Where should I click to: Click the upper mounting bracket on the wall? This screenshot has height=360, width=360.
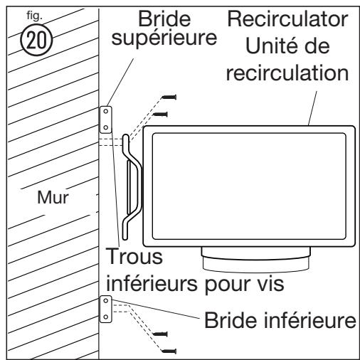105,120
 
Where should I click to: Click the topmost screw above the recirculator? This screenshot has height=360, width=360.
170,97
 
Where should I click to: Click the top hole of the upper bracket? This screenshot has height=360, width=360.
105,112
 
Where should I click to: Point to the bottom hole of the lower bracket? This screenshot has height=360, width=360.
105,317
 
